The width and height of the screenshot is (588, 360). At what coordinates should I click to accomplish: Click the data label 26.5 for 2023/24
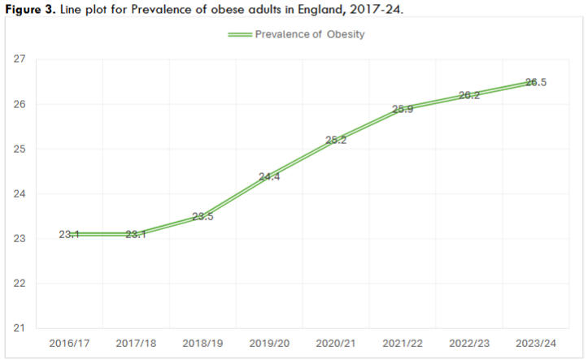(535, 82)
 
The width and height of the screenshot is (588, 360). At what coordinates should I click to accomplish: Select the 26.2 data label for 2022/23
(468, 95)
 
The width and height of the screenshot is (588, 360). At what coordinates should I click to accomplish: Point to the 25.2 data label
(336, 140)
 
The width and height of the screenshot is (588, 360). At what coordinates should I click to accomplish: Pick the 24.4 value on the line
(269, 176)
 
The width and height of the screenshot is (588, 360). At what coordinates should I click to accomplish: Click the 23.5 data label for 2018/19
(203, 217)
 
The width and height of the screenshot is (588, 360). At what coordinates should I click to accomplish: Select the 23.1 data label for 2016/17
(69, 235)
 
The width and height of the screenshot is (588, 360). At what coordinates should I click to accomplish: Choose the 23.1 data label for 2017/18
(136, 235)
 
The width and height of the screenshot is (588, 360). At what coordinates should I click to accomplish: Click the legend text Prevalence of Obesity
(309, 35)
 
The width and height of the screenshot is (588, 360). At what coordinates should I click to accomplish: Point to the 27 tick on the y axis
(19, 59)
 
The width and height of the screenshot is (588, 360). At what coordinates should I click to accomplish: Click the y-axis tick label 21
(19, 328)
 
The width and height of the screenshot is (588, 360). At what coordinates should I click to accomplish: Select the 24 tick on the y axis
(19, 194)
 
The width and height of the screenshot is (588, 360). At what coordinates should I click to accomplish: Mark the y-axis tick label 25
(19, 150)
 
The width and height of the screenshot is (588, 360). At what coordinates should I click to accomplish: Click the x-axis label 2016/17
(69, 345)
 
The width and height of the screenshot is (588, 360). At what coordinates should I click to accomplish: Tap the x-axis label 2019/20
(269, 345)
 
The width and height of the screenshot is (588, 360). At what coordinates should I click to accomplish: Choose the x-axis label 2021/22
(402, 345)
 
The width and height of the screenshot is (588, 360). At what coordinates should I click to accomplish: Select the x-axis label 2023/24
(535, 345)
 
